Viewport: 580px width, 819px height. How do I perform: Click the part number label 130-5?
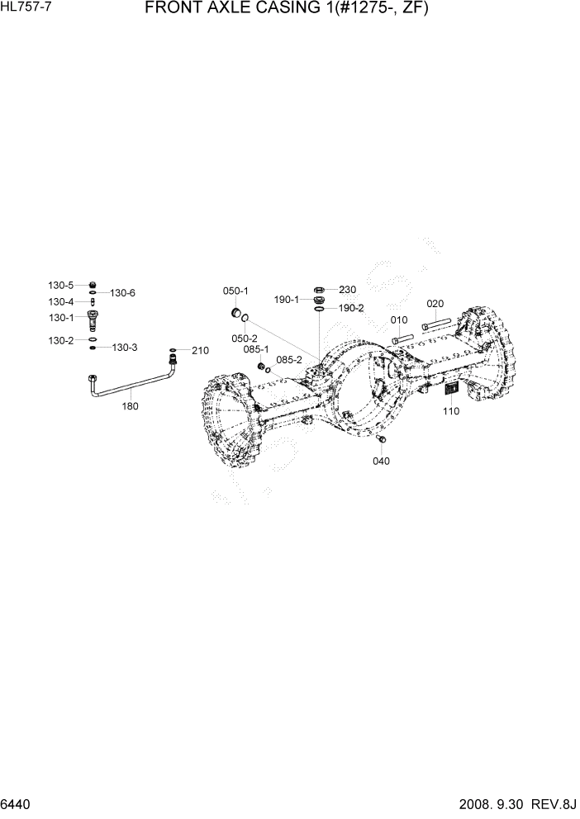pyautogui.click(x=60, y=285)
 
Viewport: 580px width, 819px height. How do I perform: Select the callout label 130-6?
pyautogui.click(x=122, y=293)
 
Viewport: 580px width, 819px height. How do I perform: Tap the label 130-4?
pyautogui.click(x=60, y=301)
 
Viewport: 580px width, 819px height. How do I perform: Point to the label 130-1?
pyautogui.click(x=60, y=317)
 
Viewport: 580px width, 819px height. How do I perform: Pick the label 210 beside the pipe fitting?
pyautogui.click(x=200, y=351)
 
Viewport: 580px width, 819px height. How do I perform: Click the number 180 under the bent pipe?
pyautogui.click(x=131, y=406)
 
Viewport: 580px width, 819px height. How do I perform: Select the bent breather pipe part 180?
pyautogui.click(x=132, y=384)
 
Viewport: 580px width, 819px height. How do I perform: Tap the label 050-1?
pyautogui.click(x=235, y=291)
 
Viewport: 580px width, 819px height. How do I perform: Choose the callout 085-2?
pyautogui.click(x=289, y=360)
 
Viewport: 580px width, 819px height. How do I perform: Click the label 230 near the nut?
pyautogui.click(x=347, y=290)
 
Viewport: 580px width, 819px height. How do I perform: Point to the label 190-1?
pyautogui.click(x=287, y=301)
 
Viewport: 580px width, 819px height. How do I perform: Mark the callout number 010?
pyautogui.click(x=399, y=320)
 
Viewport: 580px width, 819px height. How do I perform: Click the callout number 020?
pyautogui.click(x=435, y=303)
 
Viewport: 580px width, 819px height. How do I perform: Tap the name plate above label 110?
pyautogui.click(x=452, y=391)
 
